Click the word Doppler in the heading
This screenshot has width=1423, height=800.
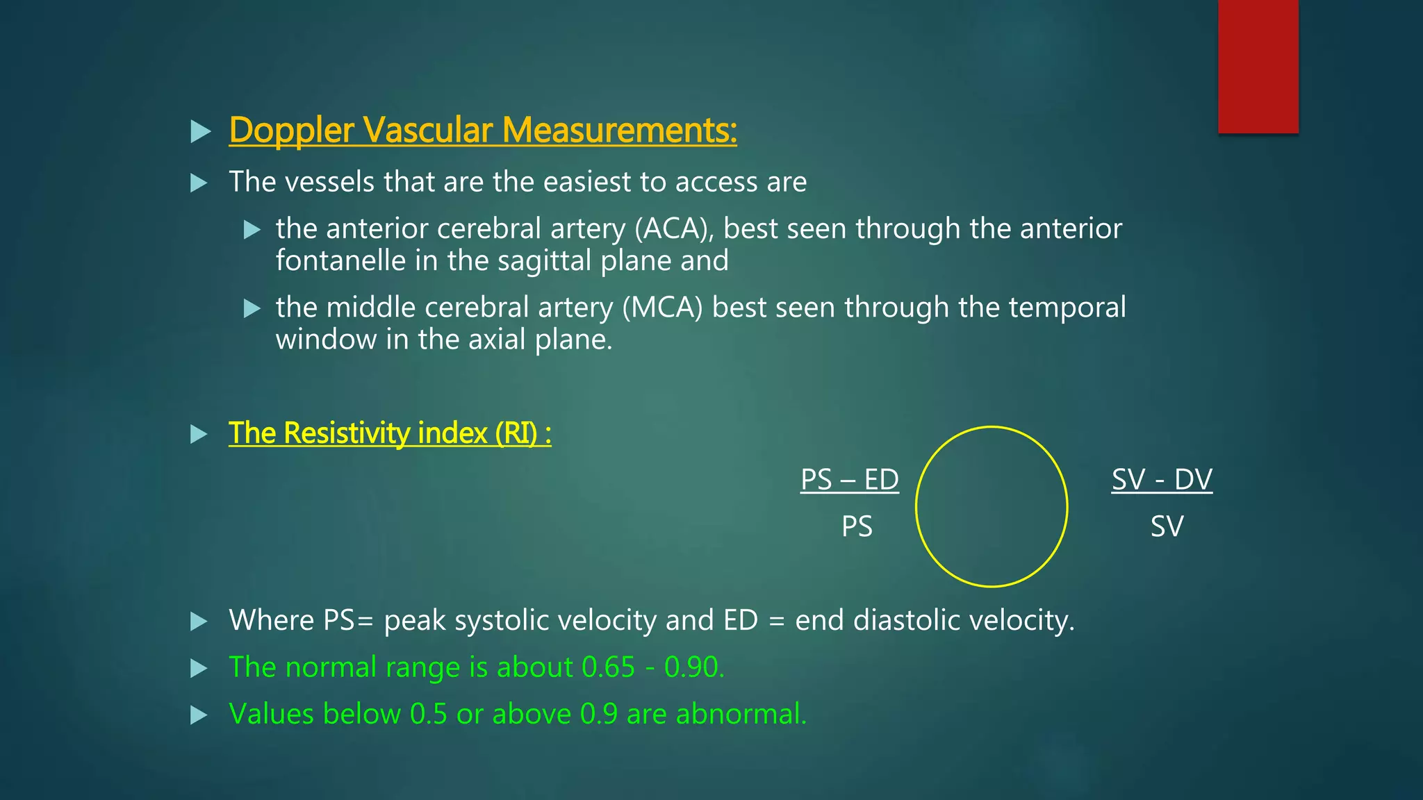coord(292,131)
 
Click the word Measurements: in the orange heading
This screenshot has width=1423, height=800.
coord(619,131)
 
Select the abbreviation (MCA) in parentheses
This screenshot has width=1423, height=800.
coord(663,307)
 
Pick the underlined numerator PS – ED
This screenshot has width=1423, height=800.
coord(849,479)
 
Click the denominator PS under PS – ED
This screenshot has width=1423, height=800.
coord(857,526)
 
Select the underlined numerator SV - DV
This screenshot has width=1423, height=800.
coord(1162,479)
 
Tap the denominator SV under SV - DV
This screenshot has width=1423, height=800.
coord(1167,526)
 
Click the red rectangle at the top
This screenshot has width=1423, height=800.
coord(1258,66)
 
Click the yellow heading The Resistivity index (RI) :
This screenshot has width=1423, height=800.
coord(390,433)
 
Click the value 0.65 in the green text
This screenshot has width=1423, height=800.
coord(608,667)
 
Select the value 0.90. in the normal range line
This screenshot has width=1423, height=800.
coord(694,667)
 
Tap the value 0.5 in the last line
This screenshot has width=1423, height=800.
coord(428,715)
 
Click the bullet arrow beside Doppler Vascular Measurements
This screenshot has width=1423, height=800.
coord(200,131)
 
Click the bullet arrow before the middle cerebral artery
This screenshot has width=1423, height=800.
coord(252,308)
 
